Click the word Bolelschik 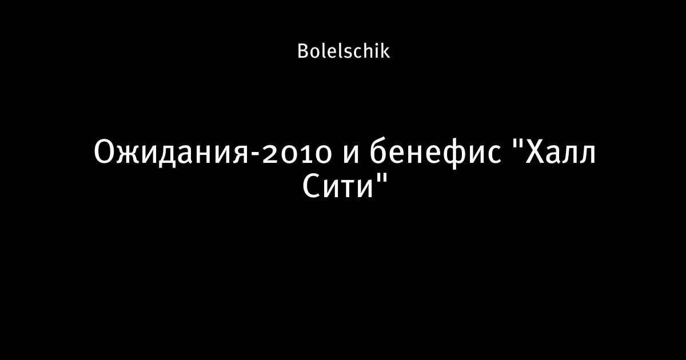(x=344, y=51)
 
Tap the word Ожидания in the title (x=171, y=153)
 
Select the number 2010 (x=297, y=154)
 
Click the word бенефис (x=436, y=153)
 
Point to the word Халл (x=560, y=153)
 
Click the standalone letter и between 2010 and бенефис (x=350, y=155)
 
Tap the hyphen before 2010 (x=256, y=155)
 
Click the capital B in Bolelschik (x=302, y=51)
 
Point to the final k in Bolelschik (x=385, y=51)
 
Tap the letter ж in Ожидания (x=133, y=155)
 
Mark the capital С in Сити (x=311, y=186)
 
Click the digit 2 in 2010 (x=269, y=154)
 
